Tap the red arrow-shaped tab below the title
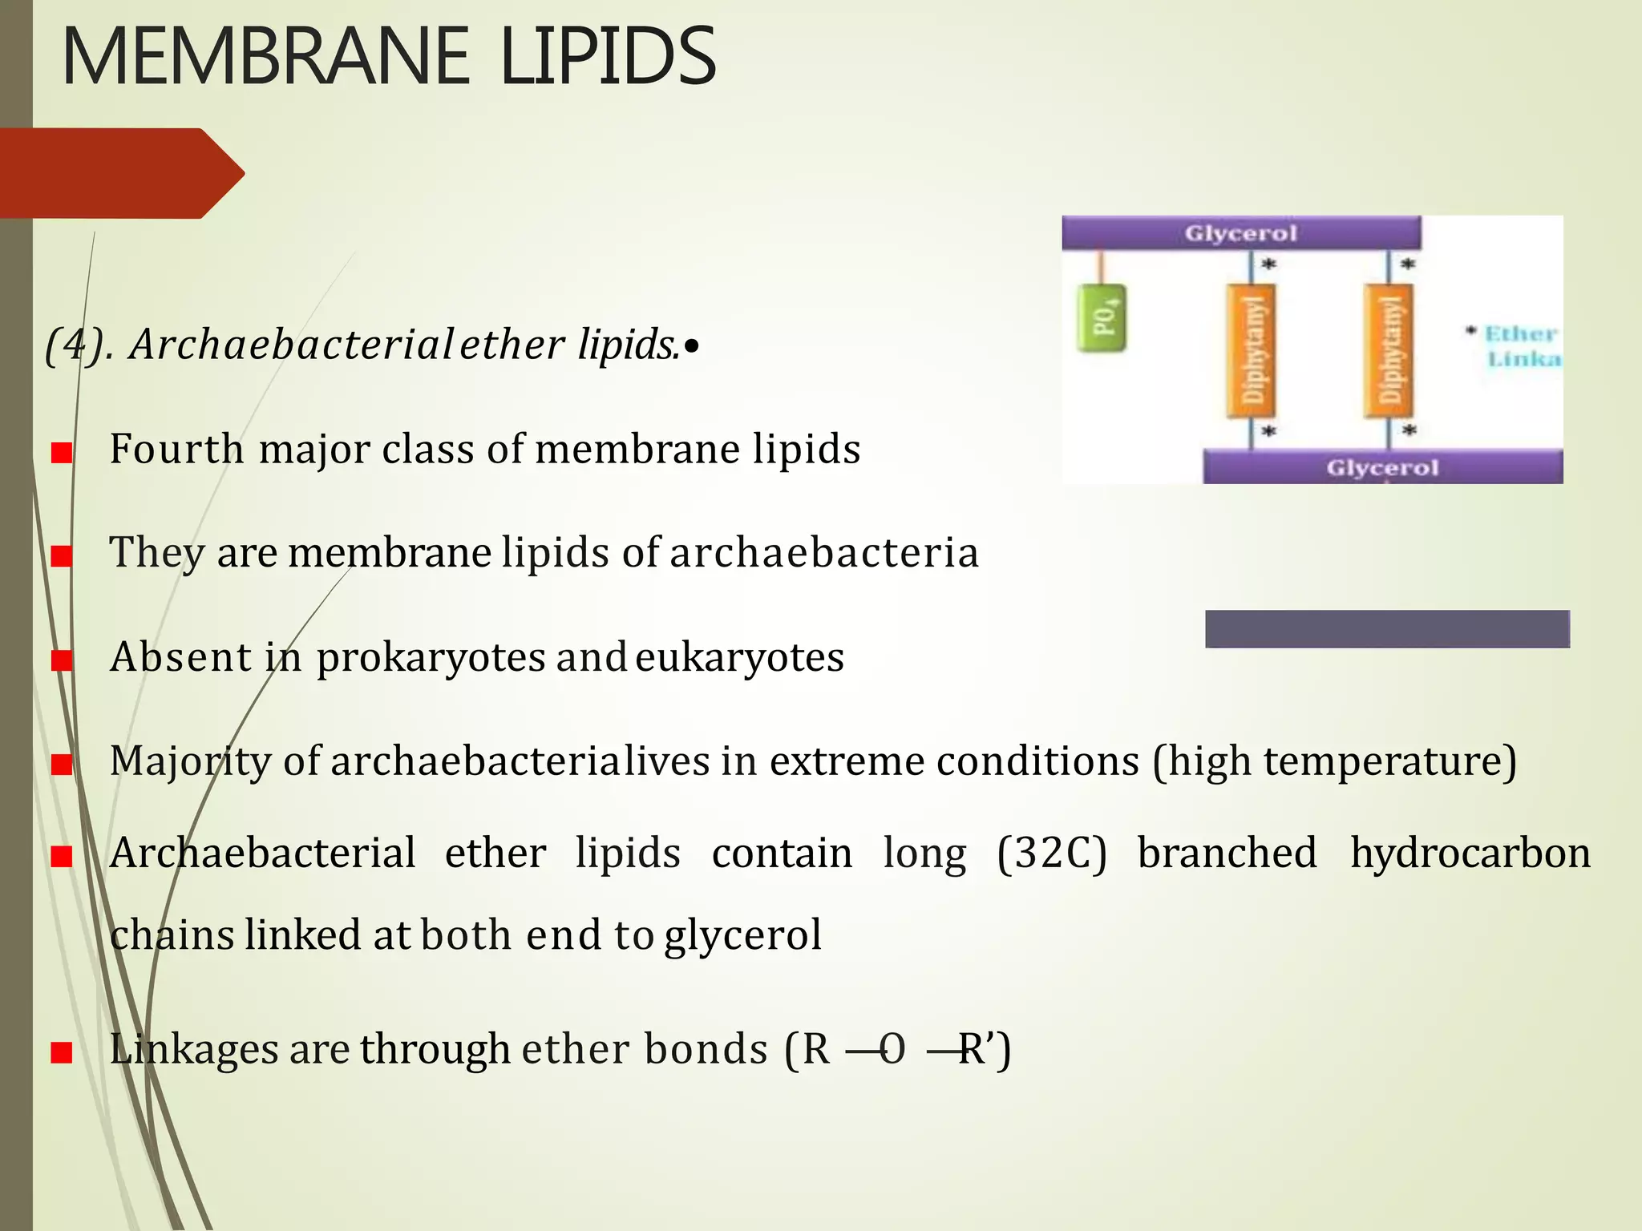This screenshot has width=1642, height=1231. point(120,173)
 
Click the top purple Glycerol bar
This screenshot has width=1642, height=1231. point(1240,233)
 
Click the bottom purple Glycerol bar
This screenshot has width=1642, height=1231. point(1382,467)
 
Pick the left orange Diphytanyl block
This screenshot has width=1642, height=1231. point(1252,351)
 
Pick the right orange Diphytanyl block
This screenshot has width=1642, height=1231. point(1389,351)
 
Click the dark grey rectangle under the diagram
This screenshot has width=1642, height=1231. point(1387,628)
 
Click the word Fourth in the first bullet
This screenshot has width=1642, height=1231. point(176,449)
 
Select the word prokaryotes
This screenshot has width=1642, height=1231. point(431,658)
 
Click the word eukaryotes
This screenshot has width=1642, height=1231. point(739,658)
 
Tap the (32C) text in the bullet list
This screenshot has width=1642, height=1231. point(1052,853)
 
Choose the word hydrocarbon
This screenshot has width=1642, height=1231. point(1470,853)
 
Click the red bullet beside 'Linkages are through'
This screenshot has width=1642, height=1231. point(62,1052)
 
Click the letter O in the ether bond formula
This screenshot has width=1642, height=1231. point(893,1050)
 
